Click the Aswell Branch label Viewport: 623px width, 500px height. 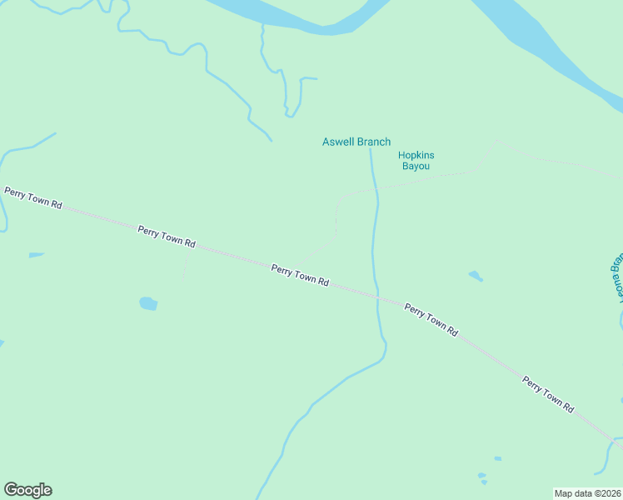[356, 142]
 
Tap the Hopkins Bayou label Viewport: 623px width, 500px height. [416, 161]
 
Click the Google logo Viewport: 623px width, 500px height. [27, 490]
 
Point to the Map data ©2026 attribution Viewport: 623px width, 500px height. [587, 492]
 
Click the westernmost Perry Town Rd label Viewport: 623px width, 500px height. [33, 198]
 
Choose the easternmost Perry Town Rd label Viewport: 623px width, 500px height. [549, 395]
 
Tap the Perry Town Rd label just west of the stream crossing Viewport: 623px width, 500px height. [300, 275]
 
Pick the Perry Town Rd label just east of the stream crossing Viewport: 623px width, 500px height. [431, 320]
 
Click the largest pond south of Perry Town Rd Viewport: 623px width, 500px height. [148, 303]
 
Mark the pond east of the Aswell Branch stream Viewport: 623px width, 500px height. [475, 276]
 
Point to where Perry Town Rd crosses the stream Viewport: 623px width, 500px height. [377, 297]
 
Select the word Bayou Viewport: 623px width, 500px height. [416, 167]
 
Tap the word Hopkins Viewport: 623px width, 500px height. [416, 155]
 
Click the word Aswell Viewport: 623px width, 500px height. [339, 142]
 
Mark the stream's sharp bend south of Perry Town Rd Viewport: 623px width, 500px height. [385, 343]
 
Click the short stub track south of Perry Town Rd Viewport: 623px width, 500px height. [185, 267]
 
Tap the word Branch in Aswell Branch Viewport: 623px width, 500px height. [374, 142]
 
